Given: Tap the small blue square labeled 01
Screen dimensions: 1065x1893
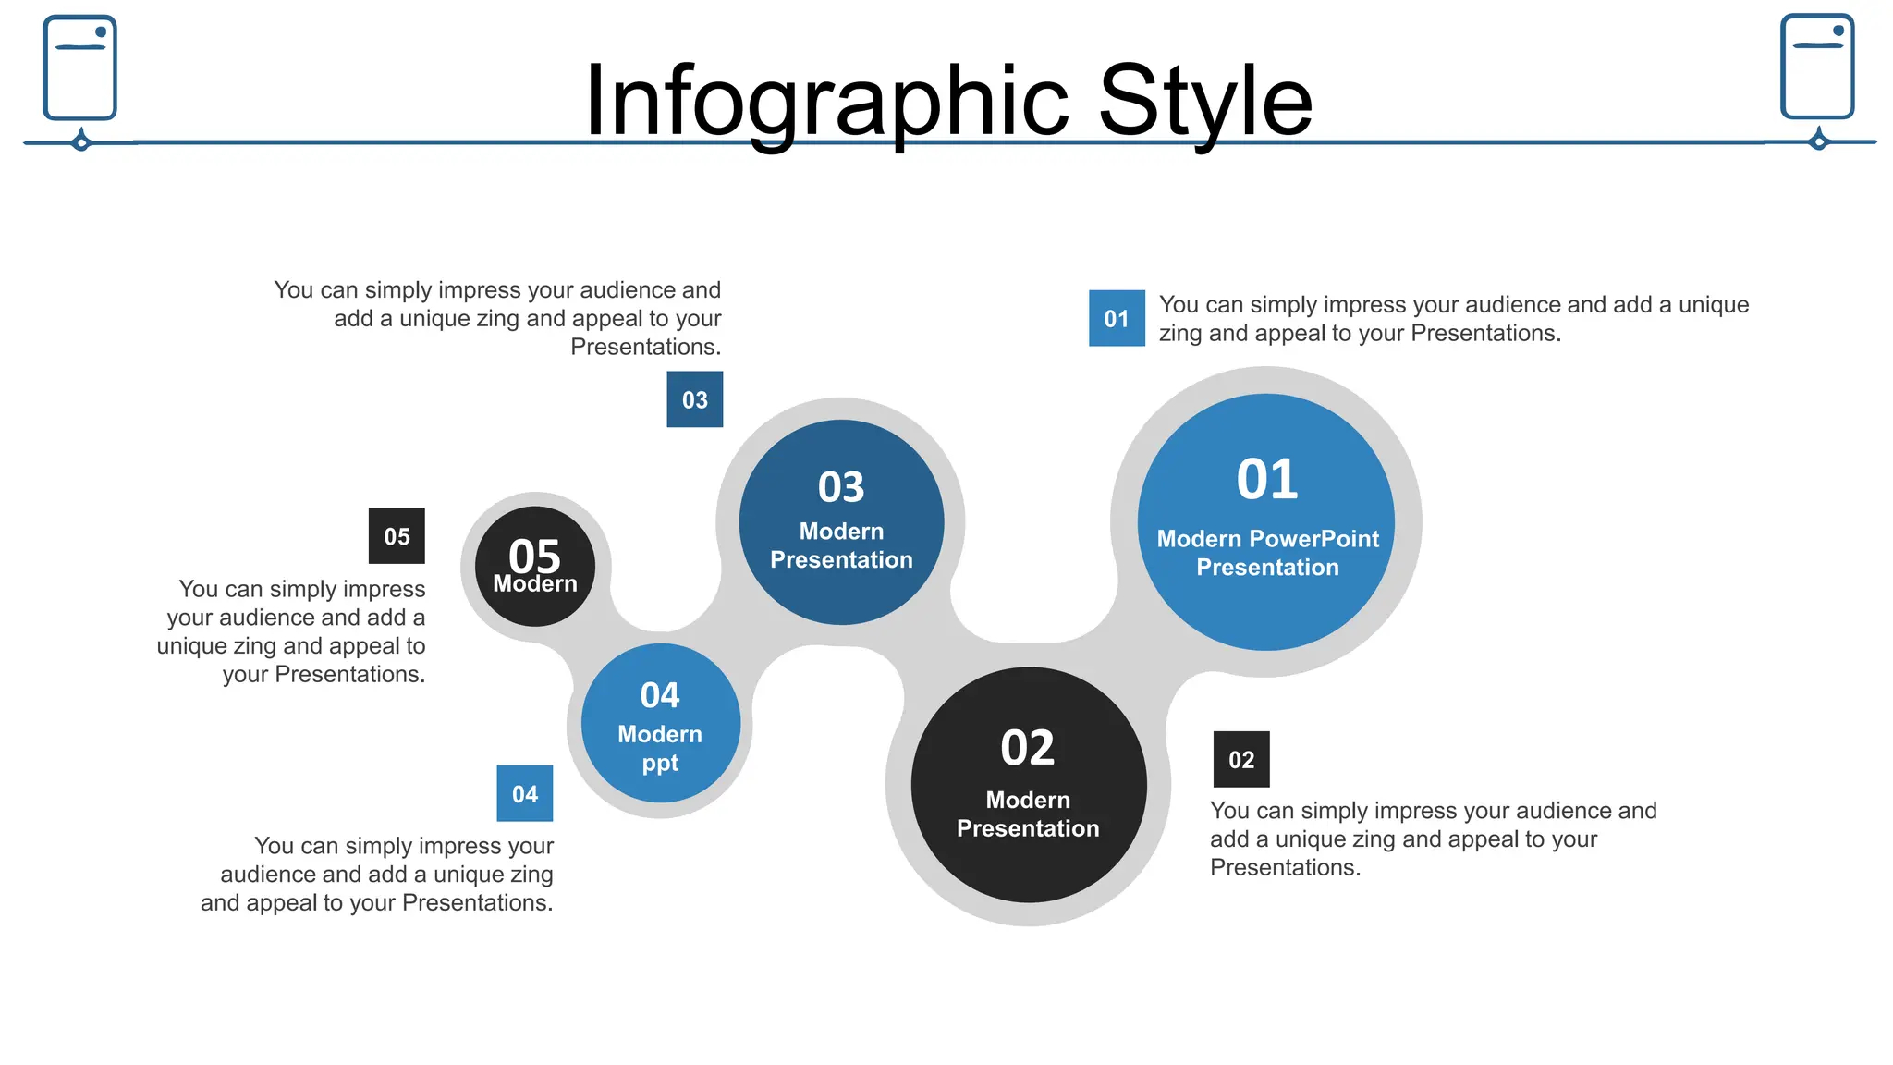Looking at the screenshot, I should pyautogui.click(x=1117, y=319).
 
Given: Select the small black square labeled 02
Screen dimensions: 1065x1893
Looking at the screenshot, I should pyautogui.click(x=1241, y=760).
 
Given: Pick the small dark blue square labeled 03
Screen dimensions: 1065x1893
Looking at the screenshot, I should pyautogui.click(x=695, y=399).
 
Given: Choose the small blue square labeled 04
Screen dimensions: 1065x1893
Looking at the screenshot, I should pyautogui.click(x=525, y=794).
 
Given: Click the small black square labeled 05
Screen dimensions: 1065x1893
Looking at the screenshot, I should pyautogui.click(x=397, y=536).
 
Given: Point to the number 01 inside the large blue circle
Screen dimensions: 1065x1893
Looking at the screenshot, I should pyautogui.click(x=1267, y=480).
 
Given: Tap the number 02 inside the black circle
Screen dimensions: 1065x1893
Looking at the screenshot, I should pyautogui.click(x=1028, y=748).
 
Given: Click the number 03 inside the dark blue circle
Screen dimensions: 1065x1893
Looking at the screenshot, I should pyautogui.click(x=841, y=487).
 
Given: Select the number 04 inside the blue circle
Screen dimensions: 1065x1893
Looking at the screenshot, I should pyautogui.click(x=660, y=695).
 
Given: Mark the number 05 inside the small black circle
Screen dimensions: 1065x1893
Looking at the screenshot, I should pyautogui.click(x=534, y=555).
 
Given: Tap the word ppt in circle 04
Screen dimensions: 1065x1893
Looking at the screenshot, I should pyautogui.click(x=660, y=765).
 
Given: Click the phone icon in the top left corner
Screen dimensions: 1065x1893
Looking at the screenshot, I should pyautogui.click(x=80, y=67).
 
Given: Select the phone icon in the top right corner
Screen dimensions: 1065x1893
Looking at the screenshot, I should pyautogui.click(x=1817, y=67).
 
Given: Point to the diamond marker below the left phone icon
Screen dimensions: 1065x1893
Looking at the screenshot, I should pyautogui.click(x=81, y=142).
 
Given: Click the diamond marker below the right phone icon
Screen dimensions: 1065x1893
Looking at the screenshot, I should pyautogui.click(x=1819, y=141).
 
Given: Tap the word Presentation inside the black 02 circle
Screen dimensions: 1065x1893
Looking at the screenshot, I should pyautogui.click(x=1028, y=828).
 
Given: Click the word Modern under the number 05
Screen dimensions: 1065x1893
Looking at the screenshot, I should pyautogui.click(x=534, y=584).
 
